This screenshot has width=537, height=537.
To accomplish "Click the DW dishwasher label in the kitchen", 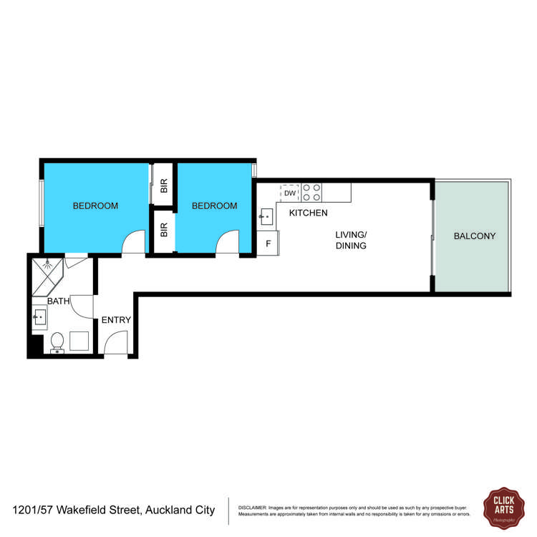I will [x=290, y=193].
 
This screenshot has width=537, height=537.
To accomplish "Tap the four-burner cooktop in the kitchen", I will [x=311, y=192].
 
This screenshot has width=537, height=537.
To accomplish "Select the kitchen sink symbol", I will [x=266, y=215].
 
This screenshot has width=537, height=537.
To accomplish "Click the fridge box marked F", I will [x=268, y=243].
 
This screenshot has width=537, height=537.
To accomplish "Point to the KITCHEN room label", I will [x=308, y=213].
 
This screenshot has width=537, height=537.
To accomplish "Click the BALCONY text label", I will [x=474, y=236].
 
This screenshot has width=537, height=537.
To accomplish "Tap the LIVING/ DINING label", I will [x=351, y=240].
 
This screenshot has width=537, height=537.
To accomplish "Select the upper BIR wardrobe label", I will [x=164, y=186].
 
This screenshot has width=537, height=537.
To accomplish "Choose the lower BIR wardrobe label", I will [x=164, y=231].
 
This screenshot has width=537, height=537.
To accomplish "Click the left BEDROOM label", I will [x=95, y=206].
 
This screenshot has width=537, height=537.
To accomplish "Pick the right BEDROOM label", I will [x=214, y=206].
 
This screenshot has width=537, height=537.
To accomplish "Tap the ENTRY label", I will [x=116, y=320].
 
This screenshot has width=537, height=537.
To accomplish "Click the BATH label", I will [x=58, y=301].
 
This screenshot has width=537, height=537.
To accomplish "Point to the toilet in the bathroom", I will [x=57, y=342].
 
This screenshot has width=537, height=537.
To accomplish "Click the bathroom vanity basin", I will [x=40, y=315].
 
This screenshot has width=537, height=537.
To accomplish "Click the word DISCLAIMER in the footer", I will [x=252, y=507].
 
